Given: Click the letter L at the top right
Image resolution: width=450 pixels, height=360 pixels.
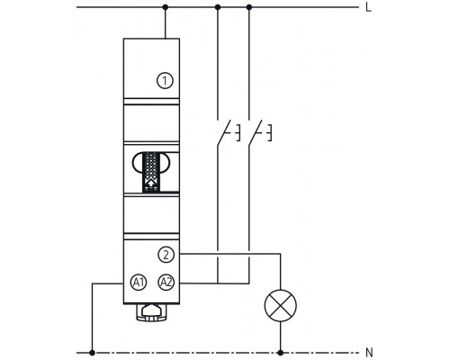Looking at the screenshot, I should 369,9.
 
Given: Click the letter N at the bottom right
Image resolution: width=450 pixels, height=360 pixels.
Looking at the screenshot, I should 369,350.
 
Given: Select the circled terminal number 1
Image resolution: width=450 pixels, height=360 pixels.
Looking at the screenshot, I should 163,80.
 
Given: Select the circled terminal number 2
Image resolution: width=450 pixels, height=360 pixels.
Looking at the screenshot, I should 165,256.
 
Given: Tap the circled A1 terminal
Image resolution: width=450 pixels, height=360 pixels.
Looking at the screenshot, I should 139,283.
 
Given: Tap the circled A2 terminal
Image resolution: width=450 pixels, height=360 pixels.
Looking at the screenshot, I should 165,283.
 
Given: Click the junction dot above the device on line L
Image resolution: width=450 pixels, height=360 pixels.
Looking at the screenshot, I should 166,9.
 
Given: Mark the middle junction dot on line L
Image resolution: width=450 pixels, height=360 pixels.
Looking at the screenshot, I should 217,9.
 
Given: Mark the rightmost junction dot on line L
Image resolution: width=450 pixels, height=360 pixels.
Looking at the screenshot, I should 249,9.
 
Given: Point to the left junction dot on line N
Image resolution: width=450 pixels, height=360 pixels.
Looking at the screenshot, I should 93,350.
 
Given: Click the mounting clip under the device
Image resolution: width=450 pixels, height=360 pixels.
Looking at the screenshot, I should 151,312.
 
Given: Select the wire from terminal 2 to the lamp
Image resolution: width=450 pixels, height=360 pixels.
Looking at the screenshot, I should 234,256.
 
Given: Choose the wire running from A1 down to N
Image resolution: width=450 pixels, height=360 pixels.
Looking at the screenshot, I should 93,315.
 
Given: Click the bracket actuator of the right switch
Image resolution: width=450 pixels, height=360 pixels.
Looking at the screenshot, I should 268,135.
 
